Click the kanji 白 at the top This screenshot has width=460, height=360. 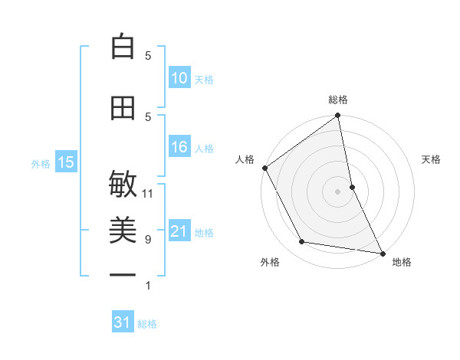click(x=123, y=47)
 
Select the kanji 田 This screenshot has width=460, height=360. click(x=123, y=109)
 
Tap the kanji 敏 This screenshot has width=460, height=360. click(x=123, y=185)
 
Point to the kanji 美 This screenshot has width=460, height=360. click(x=123, y=227)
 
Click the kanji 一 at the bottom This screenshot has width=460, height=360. click(x=123, y=274)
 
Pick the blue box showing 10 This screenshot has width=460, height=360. click(x=179, y=78)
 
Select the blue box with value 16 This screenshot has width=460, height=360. click(x=179, y=147)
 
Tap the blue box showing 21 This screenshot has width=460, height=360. click(x=179, y=231)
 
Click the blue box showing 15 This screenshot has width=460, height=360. click(x=65, y=162)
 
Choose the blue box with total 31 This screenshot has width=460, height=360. click(x=123, y=322)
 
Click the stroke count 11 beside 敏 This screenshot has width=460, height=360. click(x=148, y=193)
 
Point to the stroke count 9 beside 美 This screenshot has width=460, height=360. click(x=148, y=239)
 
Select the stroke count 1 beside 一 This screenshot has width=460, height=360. click(x=148, y=286)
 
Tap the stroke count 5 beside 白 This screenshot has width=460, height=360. click(x=148, y=55)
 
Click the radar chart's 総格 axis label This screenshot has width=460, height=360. click(x=338, y=100)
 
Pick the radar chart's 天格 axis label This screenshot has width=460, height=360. click(x=432, y=159)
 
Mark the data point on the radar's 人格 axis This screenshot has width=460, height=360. click(x=264, y=168)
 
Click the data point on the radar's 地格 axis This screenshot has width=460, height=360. click(x=382, y=253)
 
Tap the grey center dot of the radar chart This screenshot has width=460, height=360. click(x=338, y=191)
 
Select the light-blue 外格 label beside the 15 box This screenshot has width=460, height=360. click(x=41, y=163)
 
